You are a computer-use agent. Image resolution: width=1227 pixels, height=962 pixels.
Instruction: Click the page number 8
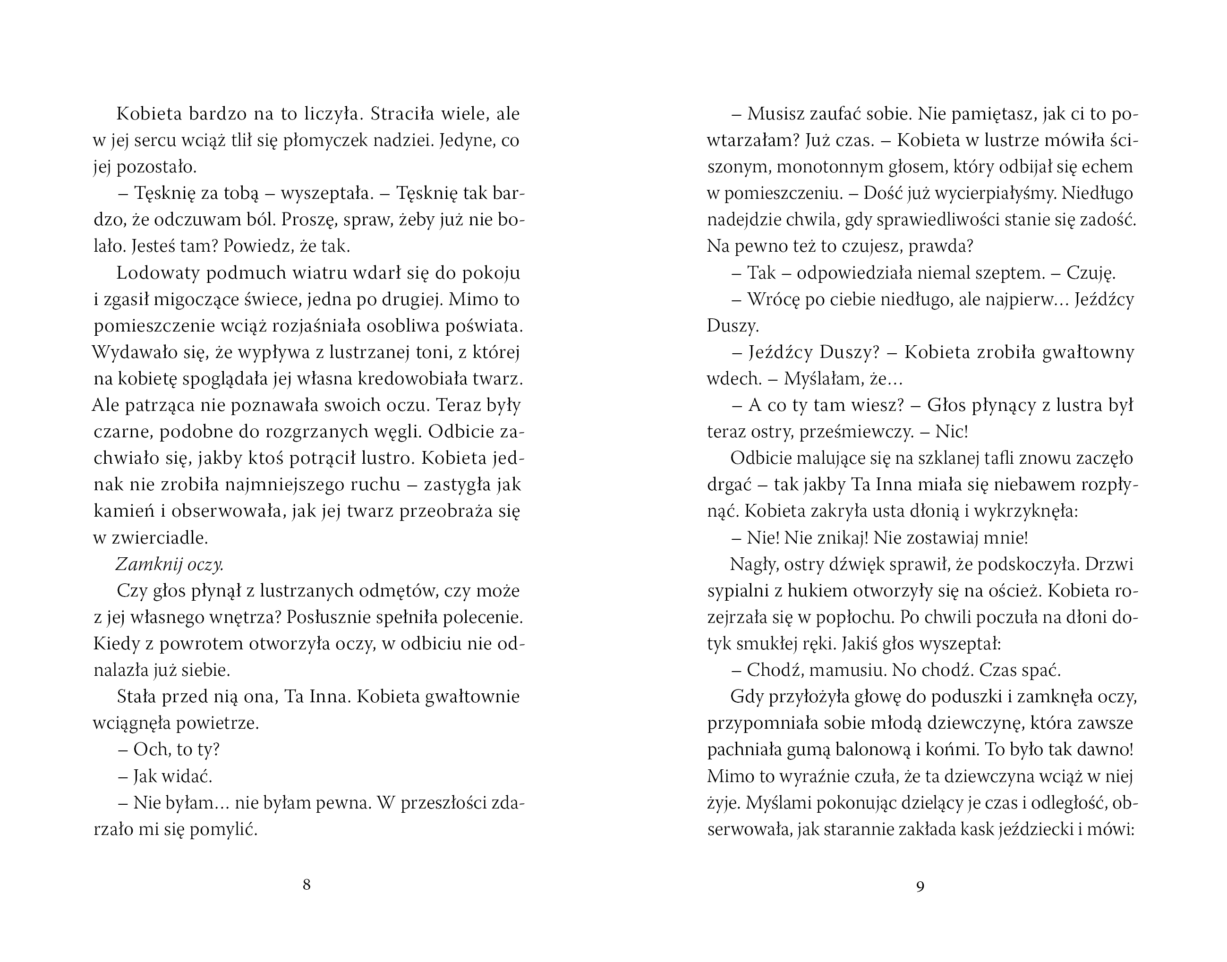[x=307, y=885]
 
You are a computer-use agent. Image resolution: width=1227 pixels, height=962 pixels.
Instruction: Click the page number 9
[x=920, y=886]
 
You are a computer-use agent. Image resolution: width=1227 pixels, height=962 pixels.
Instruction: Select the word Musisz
[x=774, y=114]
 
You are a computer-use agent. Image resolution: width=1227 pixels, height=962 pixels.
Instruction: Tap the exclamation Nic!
[x=952, y=432]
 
